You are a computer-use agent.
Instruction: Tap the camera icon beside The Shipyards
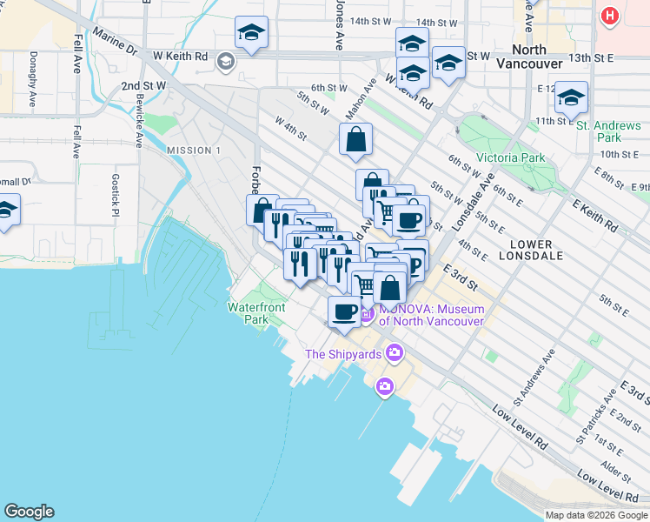pyautogui.click(x=395, y=352)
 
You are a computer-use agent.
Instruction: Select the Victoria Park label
pyautogui.click(x=509, y=158)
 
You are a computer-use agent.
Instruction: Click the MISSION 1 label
pyautogui.click(x=189, y=151)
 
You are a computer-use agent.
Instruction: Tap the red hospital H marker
pyautogui.click(x=610, y=16)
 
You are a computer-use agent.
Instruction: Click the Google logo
pyautogui.click(x=29, y=512)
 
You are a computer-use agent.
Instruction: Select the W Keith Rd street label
pyautogui.click(x=181, y=57)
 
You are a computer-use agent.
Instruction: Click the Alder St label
pyautogui.click(x=615, y=468)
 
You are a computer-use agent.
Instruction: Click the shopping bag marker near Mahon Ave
pyautogui.click(x=355, y=139)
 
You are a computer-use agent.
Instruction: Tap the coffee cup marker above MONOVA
pyautogui.click(x=344, y=311)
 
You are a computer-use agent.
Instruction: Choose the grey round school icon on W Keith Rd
pyautogui.click(x=226, y=60)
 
